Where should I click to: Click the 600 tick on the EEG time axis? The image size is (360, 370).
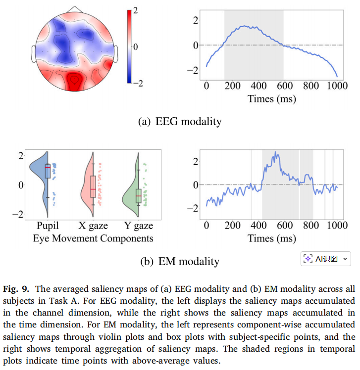pyautogui.click(x=285, y=87)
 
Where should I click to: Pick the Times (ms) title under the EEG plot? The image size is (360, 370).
pyautogui.click(x=272, y=99)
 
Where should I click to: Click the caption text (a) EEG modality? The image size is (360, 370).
pyautogui.click(x=179, y=121)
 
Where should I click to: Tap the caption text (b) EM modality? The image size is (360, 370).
pyautogui.click(x=179, y=261)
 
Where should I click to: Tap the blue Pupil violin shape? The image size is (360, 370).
pyautogui.click(x=39, y=171)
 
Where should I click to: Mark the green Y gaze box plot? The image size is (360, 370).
pyautogui.click(x=139, y=196)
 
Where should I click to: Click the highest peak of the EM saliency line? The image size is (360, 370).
pyautogui.click(x=275, y=153)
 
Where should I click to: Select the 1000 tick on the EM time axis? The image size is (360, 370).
pyautogui.click(x=337, y=227)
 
